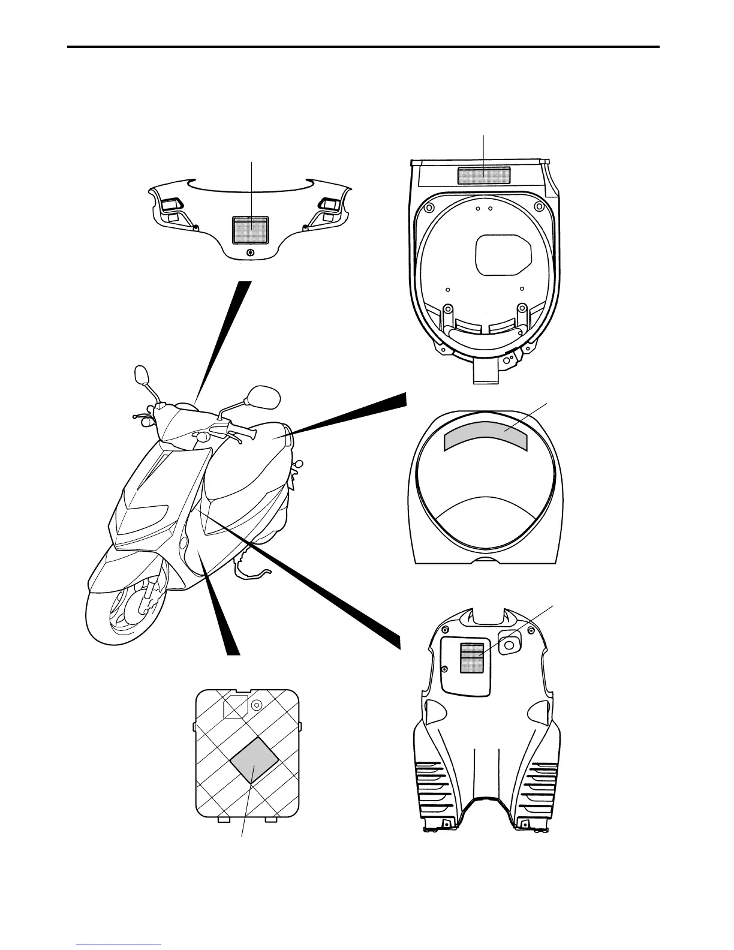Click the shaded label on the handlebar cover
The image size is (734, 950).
point(251,230)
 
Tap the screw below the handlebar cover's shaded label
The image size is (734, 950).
point(250,252)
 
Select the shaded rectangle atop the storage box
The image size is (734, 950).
point(484,176)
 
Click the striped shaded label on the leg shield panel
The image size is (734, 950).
point(471,657)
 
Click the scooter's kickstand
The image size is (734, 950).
point(252,573)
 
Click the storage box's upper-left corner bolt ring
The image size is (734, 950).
point(428,208)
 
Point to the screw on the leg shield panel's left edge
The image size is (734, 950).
point(444,669)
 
